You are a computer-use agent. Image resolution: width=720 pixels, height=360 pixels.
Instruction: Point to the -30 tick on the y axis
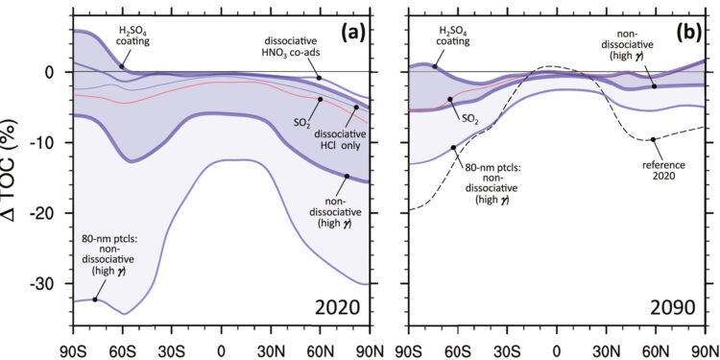(49, 284)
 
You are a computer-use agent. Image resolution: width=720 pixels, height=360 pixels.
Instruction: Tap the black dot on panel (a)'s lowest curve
(94, 300)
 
